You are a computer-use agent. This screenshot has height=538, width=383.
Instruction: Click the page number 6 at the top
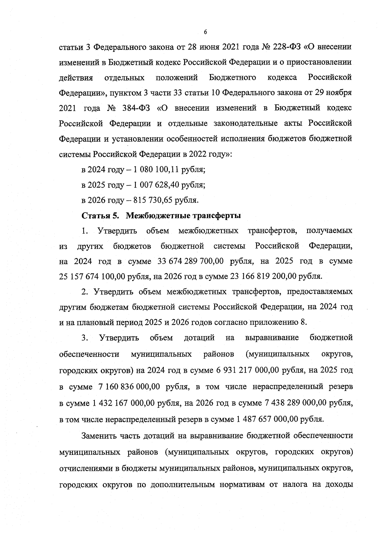point(205,32)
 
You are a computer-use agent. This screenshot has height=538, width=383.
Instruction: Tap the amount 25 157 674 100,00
point(92,277)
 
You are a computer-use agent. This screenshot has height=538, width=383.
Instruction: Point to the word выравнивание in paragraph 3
point(272,338)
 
